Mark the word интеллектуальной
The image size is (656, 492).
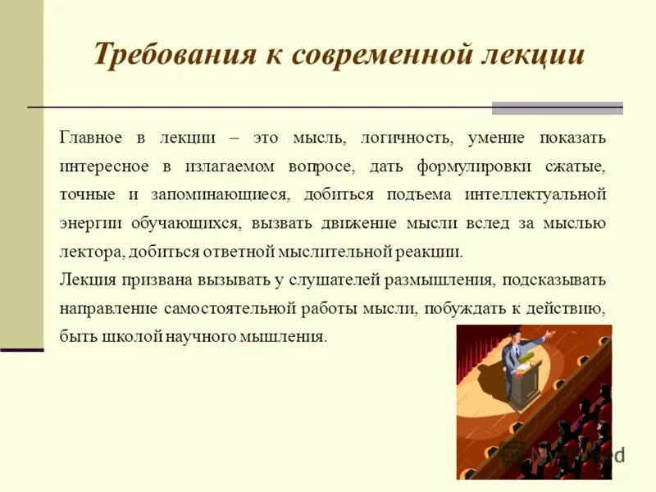click(535, 194)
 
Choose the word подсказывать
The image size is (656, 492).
click(555, 280)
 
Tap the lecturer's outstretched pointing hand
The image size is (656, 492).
click(550, 335)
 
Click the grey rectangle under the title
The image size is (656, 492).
click(557, 108)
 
